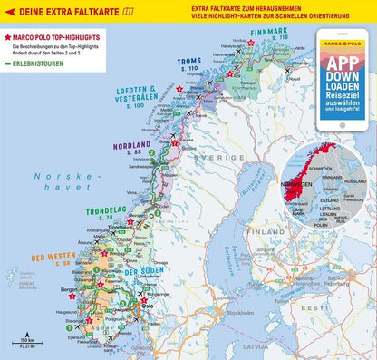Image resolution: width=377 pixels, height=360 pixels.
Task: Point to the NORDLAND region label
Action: click(x=130, y=145)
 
